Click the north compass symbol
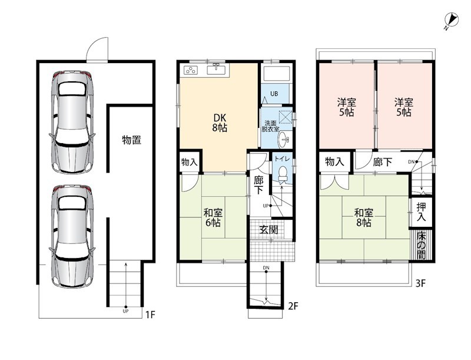(451, 21)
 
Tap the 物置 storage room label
(131, 140)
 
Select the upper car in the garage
(72, 122)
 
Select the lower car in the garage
(72, 236)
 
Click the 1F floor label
(150, 315)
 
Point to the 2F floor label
(293, 306)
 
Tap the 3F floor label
(420, 283)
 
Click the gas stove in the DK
(191, 70)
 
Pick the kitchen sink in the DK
(216, 70)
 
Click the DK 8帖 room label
(220, 123)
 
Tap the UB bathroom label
(274, 94)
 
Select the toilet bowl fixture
(283, 174)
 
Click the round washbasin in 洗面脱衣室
(284, 140)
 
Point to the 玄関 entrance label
(269, 230)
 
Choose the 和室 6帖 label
(213, 218)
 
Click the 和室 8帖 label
(364, 218)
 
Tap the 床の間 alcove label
(421, 245)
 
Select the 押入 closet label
(421, 212)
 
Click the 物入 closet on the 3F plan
(334, 162)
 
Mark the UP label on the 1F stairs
(125, 311)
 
